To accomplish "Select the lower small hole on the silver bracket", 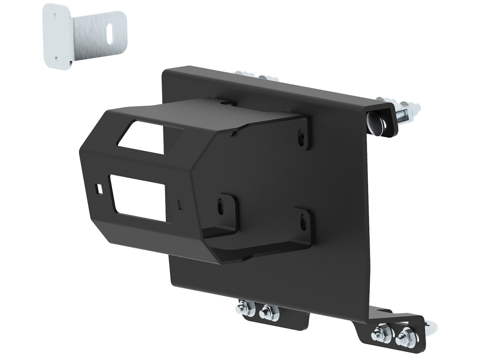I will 56,57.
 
